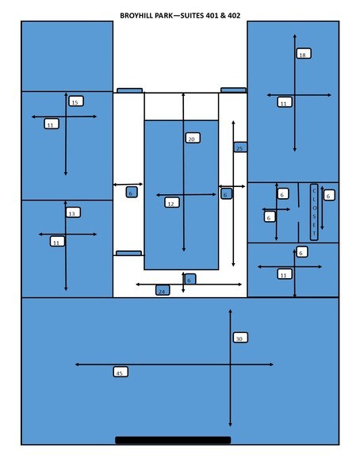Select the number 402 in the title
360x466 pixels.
click(x=234, y=16)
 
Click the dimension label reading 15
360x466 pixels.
click(x=76, y=101)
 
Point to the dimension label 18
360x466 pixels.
click(x=304, y=54)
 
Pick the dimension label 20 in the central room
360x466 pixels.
click(x=193, y=138)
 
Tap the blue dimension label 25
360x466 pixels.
click(x=240, y=147)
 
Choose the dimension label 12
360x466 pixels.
click(x=172, y=203)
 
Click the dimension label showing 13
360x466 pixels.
click(x=73, y=212)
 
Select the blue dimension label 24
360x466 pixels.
click(x=163, y=290)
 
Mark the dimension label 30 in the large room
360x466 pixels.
click(x=240, y=338)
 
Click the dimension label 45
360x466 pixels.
click(x=121, y=372)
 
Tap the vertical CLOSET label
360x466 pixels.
click(x=314, y=212)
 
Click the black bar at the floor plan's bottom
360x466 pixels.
click(x=173, y=440)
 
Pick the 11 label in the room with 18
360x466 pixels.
click(x=285, y=102)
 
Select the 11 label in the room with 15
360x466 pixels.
click(x=52, y=124)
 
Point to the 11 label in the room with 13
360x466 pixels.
click(x=57, y=241)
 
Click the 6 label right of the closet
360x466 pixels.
click(x=329, y=195)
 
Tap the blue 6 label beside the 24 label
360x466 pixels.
click(x=190, y=279)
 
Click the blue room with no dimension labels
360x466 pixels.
click(x=67, y=56)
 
